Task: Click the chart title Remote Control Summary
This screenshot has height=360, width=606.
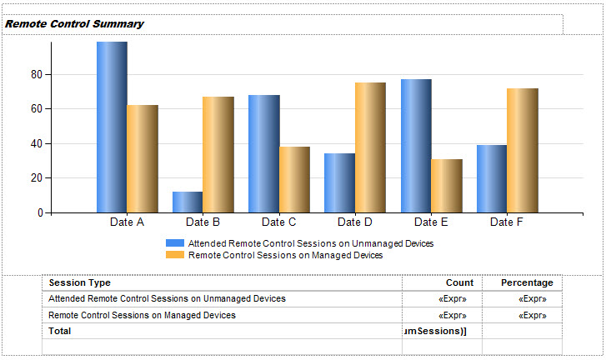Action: click(74, 24)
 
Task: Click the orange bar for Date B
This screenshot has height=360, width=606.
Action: click(218, 154)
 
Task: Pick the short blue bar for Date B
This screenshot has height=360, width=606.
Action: click(188, 202)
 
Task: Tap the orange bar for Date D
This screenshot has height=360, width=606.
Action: click(370, 147)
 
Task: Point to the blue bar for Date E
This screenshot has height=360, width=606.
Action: click(415, 146)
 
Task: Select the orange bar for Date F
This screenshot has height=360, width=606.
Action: click(522, 150)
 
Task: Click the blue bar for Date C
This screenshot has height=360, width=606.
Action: click(263, 153)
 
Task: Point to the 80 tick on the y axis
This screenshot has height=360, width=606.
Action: click(36, 74)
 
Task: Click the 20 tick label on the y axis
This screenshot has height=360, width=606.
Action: click(36, 177)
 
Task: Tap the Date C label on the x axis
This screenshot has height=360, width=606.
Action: click(278, 222)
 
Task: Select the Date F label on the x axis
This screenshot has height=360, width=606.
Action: click(507, 222)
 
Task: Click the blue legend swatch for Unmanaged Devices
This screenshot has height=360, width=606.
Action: click(175, 243)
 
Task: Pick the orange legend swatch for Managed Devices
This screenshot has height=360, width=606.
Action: click(175, 255)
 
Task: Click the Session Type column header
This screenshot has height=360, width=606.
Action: click(80, 283)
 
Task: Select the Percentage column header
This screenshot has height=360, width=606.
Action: click(527, 283)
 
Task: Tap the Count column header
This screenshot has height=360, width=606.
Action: click(459, 283)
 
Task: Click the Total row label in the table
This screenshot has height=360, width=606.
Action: click(60, 331)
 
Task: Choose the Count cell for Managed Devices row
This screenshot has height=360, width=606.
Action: click(453, 316)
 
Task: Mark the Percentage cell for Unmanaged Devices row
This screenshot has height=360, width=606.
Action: click(533, 298)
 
